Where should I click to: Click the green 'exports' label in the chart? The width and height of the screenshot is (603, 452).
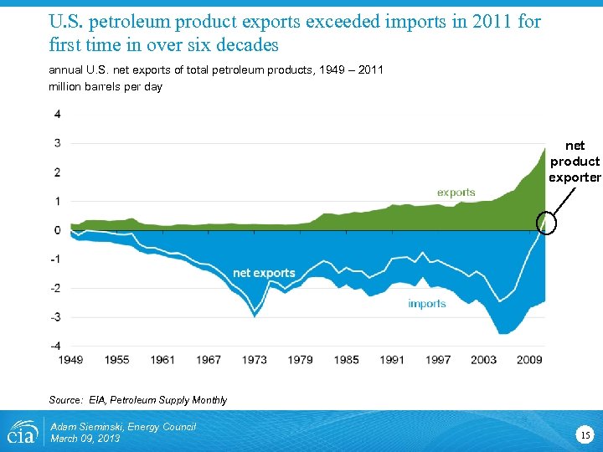pyautogui.click(x=456, y=192)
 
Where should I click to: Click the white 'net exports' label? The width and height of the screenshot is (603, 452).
pyautogui.click(x=264, y=273)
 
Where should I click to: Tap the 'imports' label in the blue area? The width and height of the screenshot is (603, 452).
pyautogui.click(x=427, y=303)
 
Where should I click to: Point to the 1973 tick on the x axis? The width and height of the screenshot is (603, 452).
pyautogui.click(x=255, y=360)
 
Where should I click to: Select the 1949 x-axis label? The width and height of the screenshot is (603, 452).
pyautogui.click(x=71, y=360)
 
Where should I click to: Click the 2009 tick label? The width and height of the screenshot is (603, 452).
pyautogui.click(x=529, y=360)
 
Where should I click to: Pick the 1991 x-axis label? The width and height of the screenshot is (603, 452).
pyautogui.click(x=392, y=360)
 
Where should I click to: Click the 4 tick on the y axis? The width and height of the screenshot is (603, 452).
pyautogui.click(x=57, y=114)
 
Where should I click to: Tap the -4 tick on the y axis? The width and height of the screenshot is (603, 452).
pyautogui.click(x=55, y=346)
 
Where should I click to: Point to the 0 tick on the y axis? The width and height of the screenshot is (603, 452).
pyautogui.click(x=57, y=230)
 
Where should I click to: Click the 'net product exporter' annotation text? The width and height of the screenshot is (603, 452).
pyautogui.click(x=575, y=162)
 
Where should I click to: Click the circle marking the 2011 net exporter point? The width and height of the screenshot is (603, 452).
pyautogui.click(x=545, y=221)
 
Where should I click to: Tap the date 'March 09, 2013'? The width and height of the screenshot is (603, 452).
pyautogui.click(x=85, y=439)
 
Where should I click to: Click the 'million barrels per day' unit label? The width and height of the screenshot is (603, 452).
pyautogui.click(x=106, y=87)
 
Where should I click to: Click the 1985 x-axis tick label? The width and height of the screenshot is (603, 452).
pyautogui.click(x=346, y=360)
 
